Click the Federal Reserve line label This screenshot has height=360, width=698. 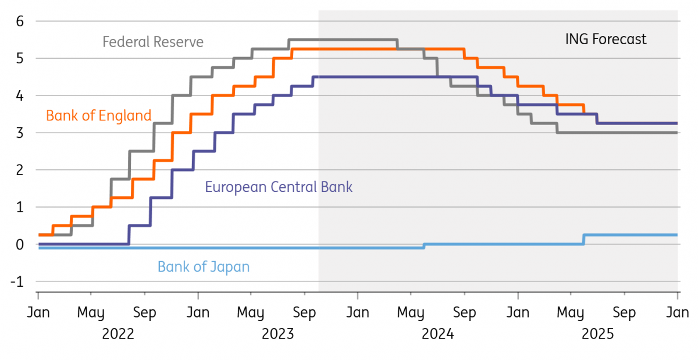[153, 42]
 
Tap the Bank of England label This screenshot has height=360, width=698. [98, 116]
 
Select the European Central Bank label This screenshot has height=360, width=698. [279, 187]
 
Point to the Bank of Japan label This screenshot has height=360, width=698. [204, 268]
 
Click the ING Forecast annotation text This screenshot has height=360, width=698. [606, 40]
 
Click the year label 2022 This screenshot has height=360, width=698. [118, 334]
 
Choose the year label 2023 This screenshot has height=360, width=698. [278, 334]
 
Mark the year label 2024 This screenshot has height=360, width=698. [437, 334]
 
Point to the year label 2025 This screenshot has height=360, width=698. [597, 334]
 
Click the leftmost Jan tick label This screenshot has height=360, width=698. [38, 313]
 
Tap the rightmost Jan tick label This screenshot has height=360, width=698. [678, 313]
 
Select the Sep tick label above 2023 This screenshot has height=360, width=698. [304, 313]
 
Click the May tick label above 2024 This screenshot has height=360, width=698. [411, 313]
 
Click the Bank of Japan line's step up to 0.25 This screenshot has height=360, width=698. [584, 239]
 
